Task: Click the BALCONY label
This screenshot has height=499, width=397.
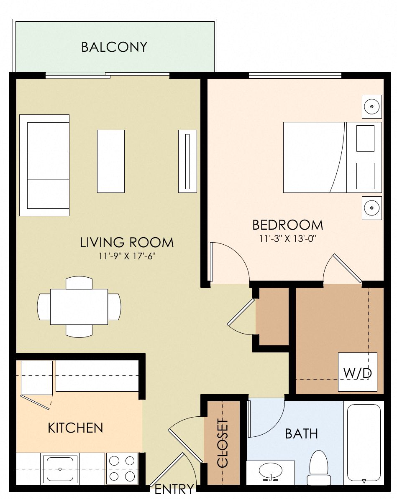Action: coord(114,47)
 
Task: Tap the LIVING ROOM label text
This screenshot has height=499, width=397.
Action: coord(127,242)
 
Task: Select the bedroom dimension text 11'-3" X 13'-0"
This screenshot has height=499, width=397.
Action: coord(288,239)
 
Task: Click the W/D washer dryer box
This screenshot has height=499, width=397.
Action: coord(357,372)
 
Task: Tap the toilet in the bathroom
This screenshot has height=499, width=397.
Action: coord(319,468)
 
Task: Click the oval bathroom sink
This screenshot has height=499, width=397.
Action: coord(271,471)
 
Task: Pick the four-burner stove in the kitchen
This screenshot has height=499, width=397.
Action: coord(122,468)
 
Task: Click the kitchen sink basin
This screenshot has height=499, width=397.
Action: coord(60,469)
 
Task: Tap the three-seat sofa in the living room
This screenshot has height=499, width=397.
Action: coord(44,165)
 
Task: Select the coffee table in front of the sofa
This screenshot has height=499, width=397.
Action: coord(111,161)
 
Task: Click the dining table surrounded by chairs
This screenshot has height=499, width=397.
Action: coord(79,306)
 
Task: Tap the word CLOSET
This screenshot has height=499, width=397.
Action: coord(223,443)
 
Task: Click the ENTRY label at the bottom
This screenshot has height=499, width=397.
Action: coord(174,489)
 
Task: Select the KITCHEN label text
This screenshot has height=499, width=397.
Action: coord(75,428)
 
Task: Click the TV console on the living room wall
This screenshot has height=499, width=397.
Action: coord(187,161)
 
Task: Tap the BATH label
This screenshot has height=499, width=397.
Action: coord(301,434)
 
